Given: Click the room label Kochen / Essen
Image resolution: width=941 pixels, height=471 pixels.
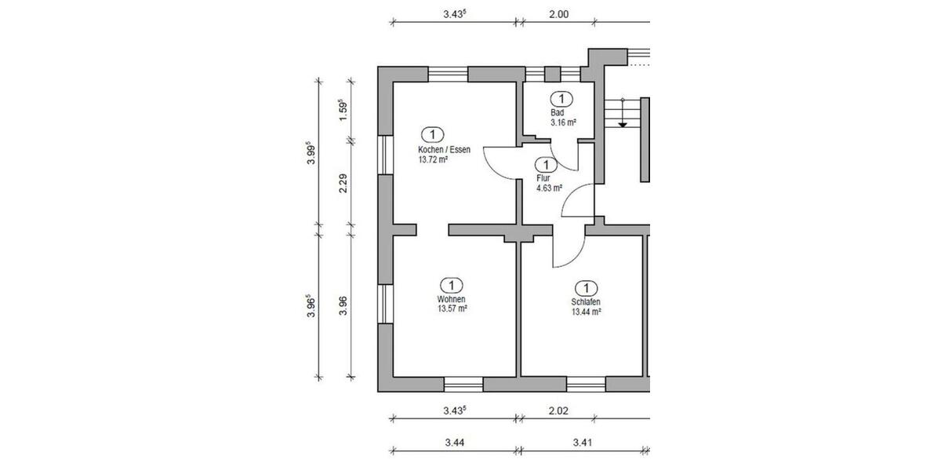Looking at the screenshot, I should click(445, 149).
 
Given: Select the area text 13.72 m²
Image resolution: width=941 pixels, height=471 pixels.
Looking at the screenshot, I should click(433, 159).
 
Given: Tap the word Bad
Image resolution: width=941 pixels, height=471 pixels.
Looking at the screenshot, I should click(557, 113).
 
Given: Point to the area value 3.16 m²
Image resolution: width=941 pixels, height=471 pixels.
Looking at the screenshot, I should click(563, 123).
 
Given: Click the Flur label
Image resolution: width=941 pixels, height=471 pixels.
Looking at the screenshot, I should click(541, 178).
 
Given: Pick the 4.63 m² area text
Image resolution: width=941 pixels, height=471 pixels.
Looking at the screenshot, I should click(548, 188).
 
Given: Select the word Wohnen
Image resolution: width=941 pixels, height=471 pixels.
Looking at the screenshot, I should click(452, 299).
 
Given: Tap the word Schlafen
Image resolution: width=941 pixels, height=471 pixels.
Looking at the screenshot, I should click(586, 302).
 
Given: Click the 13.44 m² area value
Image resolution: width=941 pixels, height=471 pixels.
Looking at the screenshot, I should click(586, 312).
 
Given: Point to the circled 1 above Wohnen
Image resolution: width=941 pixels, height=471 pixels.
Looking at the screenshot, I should click(452, 284).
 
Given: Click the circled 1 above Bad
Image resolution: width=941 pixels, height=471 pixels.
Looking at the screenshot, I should click(561, 99).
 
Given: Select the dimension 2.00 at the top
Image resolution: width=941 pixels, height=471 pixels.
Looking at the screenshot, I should click(558, 13).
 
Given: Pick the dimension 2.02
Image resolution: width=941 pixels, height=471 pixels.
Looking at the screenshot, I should click(557, 410).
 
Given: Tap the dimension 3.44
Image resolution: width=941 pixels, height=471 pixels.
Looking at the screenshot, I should click(455, 443).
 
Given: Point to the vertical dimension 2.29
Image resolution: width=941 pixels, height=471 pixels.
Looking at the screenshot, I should click(342, 188).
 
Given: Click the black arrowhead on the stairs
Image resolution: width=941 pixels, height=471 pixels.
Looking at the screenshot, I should click(622, 123).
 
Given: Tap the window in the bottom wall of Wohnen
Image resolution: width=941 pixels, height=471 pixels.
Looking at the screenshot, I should click(463, 384).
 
